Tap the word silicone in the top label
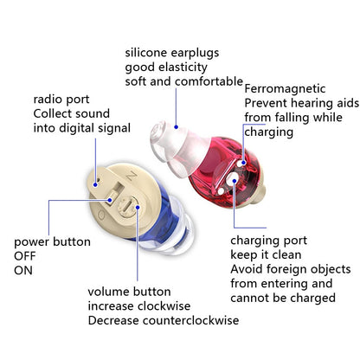[x=148, y=52]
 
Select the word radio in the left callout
[x=48, y=99]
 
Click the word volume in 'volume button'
[x=108, y=292]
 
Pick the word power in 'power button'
[x=32, y=241]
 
